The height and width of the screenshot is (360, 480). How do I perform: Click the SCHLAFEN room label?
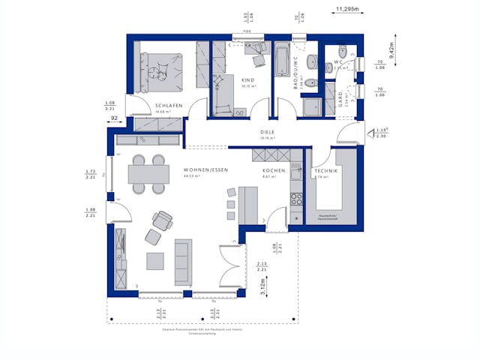[169, 106]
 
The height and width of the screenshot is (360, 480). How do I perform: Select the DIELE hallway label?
[268, 130]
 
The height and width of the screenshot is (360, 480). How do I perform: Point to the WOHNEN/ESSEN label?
[205, 171]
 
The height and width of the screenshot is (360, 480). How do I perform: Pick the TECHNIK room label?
[325, 172]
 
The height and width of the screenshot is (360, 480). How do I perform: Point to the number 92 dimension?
[115, 118]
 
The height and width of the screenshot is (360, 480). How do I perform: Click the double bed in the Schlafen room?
[160, 70]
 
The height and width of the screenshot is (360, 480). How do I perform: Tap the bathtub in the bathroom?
[282, 59]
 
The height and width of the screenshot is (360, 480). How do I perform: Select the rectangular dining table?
[148, 174]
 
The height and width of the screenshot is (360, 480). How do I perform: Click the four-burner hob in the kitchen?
[296, 199]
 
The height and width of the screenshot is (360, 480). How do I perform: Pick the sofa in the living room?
[183, 262]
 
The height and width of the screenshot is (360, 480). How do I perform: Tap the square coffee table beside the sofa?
[155, 261]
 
